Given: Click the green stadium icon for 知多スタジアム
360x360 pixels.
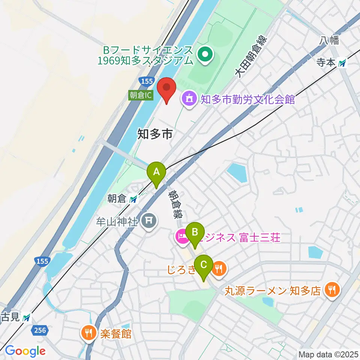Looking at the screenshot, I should point(205,55).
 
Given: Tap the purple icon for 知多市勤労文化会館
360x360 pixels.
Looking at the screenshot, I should point(189,99).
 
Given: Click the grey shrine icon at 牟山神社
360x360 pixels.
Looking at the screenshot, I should point(150,220).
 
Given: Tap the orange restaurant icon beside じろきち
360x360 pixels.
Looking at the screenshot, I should point(219,269).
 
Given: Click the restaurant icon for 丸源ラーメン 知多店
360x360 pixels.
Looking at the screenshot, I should point(332,289).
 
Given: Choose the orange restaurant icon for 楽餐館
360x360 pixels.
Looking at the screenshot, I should point(89,332).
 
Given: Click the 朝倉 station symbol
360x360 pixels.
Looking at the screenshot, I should point(133,199).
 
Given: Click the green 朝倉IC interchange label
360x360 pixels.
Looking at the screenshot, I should point(141,95).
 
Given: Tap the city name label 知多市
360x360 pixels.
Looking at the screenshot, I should point(155,133).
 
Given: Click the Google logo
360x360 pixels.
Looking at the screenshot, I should point(25,351).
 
